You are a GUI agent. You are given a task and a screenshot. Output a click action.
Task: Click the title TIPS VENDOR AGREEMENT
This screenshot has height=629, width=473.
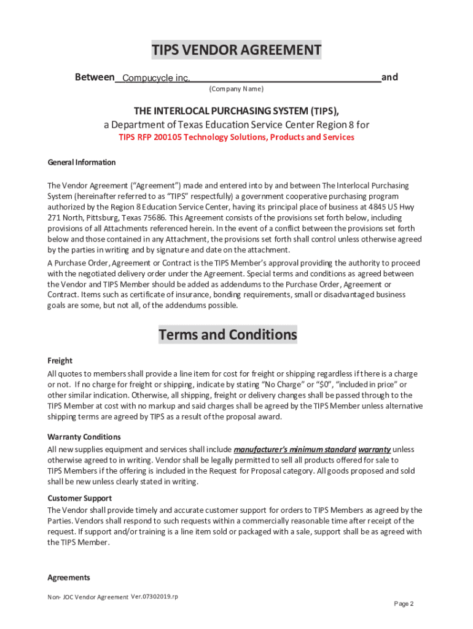237,50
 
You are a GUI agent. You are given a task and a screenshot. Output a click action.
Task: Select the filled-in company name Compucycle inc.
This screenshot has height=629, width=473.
156,78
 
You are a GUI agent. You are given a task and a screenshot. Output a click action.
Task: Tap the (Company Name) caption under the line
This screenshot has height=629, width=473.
237,90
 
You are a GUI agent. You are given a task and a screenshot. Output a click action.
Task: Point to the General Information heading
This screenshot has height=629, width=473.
82,163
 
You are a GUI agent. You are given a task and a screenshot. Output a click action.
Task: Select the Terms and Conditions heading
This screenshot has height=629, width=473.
228,335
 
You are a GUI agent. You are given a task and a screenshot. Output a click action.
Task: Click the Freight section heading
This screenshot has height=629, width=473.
60,361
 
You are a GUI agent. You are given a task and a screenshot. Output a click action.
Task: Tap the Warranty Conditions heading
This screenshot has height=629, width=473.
84,437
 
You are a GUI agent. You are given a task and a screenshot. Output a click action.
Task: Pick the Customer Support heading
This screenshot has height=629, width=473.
80,498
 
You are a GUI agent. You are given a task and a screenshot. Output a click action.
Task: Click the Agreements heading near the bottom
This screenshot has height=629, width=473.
69,577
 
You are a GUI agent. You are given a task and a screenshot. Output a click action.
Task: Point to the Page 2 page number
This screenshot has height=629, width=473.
404,604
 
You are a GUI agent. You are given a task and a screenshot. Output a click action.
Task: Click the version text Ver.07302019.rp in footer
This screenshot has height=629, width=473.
154,597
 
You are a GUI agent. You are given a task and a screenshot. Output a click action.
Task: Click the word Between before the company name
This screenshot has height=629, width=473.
95,77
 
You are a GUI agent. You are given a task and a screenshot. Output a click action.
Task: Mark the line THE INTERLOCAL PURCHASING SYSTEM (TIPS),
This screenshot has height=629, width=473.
237,111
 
